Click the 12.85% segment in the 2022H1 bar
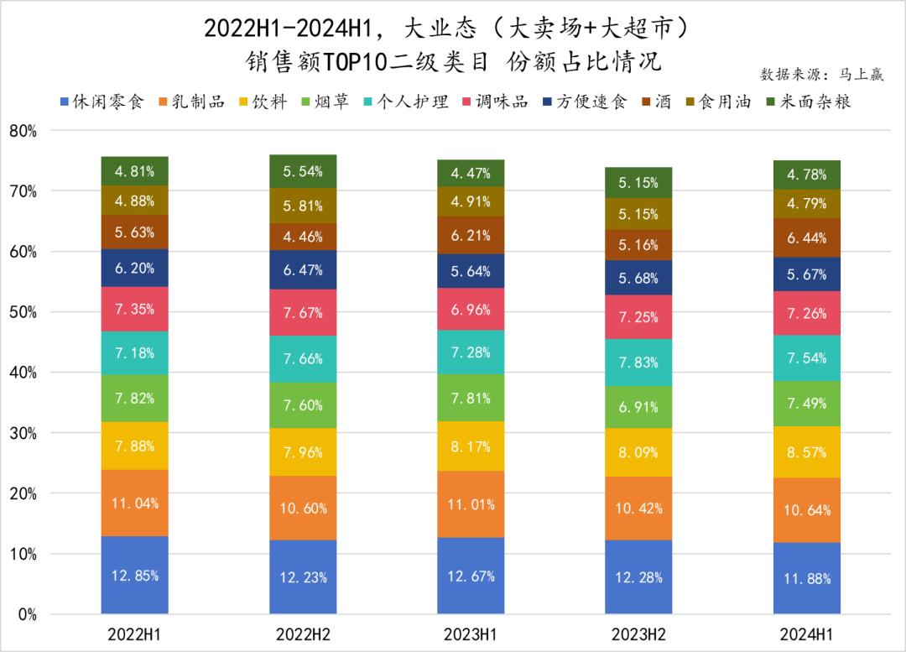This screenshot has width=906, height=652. (x=135, y=575)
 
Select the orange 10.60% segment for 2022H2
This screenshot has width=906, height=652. (x=303, y=508)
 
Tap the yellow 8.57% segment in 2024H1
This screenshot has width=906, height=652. (x=807, y=451)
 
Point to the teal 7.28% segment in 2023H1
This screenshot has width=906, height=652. (x=471, y=353)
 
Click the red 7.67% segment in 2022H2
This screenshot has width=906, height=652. (x=303, y=312)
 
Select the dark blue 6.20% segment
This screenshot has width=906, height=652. (x=135, y=268)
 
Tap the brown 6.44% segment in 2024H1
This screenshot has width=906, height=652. (x=807, y=237)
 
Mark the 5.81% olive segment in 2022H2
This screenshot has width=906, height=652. (x=303, y=206)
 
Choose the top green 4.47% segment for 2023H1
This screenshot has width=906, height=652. (x=471, y=174)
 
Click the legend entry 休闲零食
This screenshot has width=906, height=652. (x=101, y=102)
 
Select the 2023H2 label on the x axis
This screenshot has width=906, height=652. (x=638, y=634)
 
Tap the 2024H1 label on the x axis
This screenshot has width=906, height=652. (x=807, y=634)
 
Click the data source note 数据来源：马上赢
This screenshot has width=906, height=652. (x=821, y=75)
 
